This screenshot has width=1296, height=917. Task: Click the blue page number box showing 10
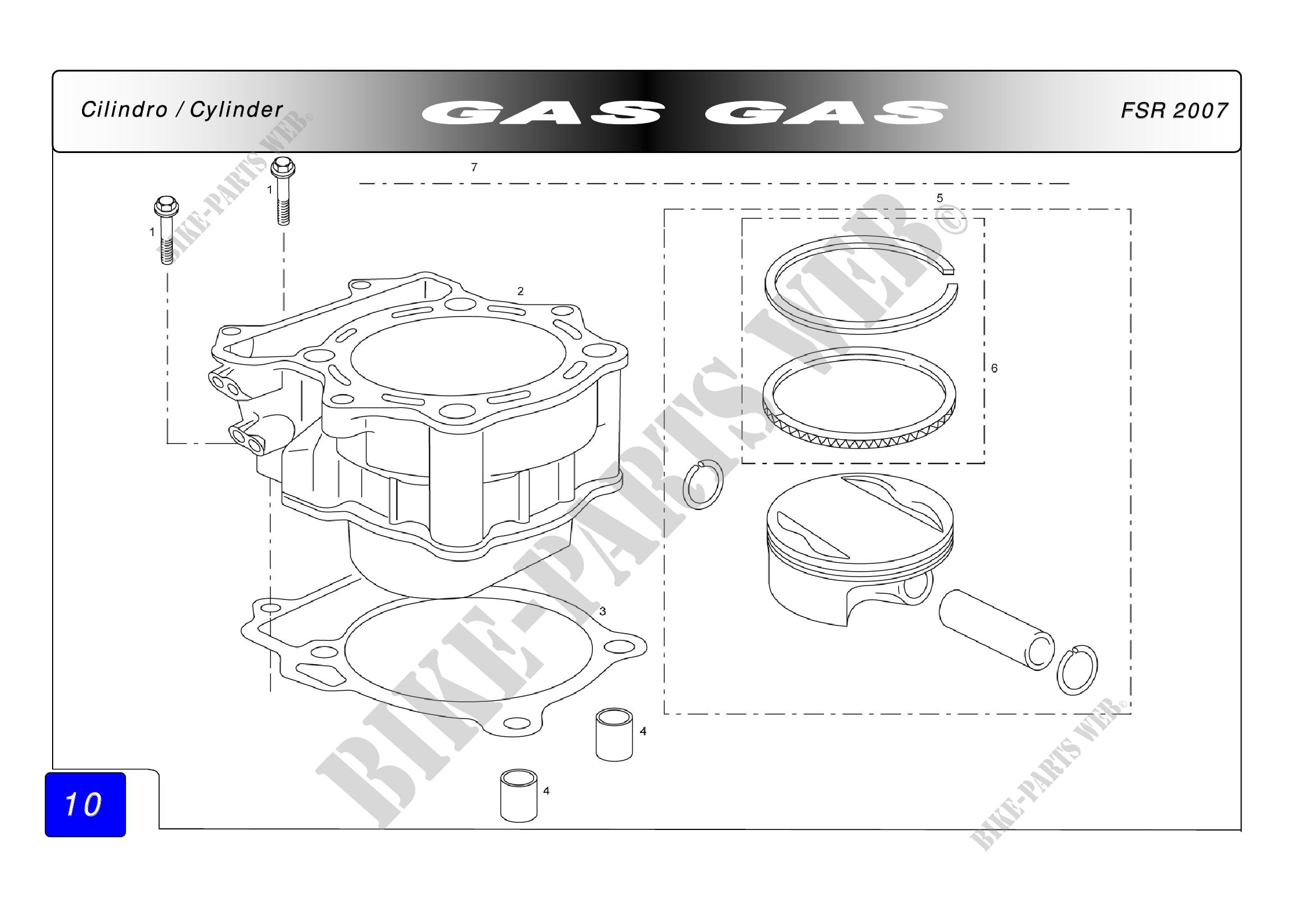click(85, 804)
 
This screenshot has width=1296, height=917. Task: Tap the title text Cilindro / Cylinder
click(181, 110)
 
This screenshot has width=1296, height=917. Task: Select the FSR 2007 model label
click(1174, 111)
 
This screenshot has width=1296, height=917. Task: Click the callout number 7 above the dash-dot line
click(474, 167)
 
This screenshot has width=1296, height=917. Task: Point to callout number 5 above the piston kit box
click(940, 198)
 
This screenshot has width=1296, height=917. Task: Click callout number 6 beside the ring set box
click(995, 368)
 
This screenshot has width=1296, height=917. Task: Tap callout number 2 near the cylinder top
click(520, 292)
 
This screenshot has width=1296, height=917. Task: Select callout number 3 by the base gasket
click(603, 611)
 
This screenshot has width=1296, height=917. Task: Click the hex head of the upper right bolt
click(283, 167)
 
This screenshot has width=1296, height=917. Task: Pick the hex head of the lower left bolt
click(166, 206)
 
